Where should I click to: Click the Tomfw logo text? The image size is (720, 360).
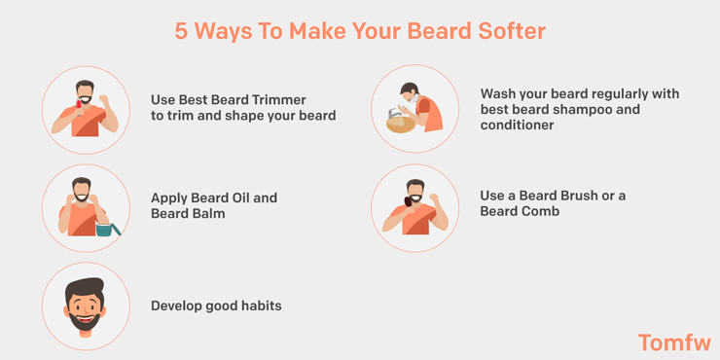point(674,342)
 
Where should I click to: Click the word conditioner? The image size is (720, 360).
point(517,126)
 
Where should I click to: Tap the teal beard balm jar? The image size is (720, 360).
point(104,230)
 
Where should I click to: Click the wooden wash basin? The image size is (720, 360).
point(399,124)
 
